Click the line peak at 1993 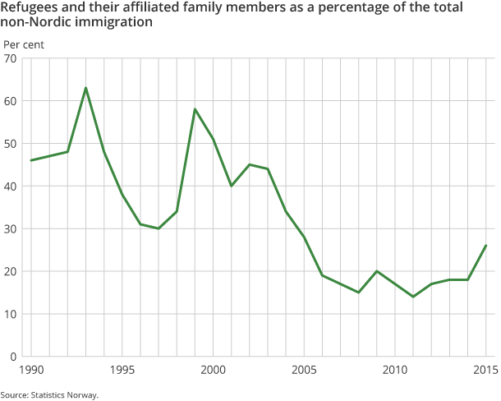coord(85,88)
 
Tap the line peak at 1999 coord(195,109)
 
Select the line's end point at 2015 coord(485,245)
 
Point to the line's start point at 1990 coord(31,160)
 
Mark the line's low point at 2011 coord(412,297)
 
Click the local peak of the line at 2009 coord(376,271)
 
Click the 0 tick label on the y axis coord(14,357)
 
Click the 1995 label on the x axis coord(122,370)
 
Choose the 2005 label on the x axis coord(304,370)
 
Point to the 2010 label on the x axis coord(394,370)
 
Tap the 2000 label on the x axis coord(213,370)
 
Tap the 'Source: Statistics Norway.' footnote coord(49,395)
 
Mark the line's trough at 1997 coord(159,228)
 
